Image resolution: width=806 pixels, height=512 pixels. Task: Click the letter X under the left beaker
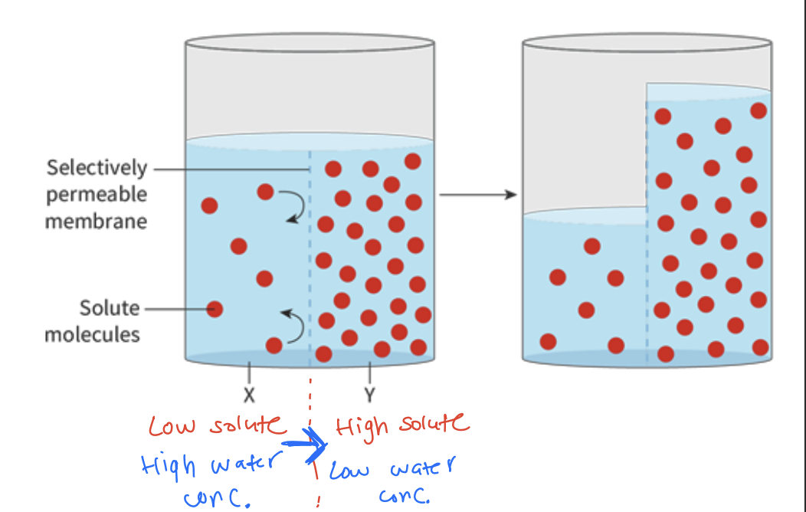tap(249, 396)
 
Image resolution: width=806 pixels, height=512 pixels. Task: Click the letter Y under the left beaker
tap(370, 396)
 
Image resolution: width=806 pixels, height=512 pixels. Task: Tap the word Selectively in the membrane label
tap(97, 168)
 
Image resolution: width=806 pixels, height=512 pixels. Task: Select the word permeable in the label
tap(97, 195)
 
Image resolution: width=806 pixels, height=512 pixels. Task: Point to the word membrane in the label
tap(96, 222)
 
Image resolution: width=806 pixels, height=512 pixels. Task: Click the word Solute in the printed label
tap(110, 308)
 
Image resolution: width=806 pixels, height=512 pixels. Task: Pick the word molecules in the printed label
tap(93, 334)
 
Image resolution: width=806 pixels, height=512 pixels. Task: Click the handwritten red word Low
tap(172, 425)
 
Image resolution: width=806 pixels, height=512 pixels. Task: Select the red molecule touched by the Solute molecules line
tap(215, 309)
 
